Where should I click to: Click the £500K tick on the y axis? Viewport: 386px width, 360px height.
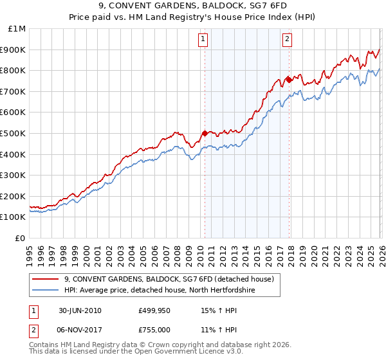[x=13, y=133]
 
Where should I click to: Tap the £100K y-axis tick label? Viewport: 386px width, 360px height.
[x=13, y=217]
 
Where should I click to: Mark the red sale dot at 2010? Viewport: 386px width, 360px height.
[x=205, y=133]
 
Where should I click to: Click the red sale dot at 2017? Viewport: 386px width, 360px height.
[x=289, y=80]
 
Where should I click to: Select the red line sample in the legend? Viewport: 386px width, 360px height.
[x=46, y=279]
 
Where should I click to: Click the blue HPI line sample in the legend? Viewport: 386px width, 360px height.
[x=46, y=290]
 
